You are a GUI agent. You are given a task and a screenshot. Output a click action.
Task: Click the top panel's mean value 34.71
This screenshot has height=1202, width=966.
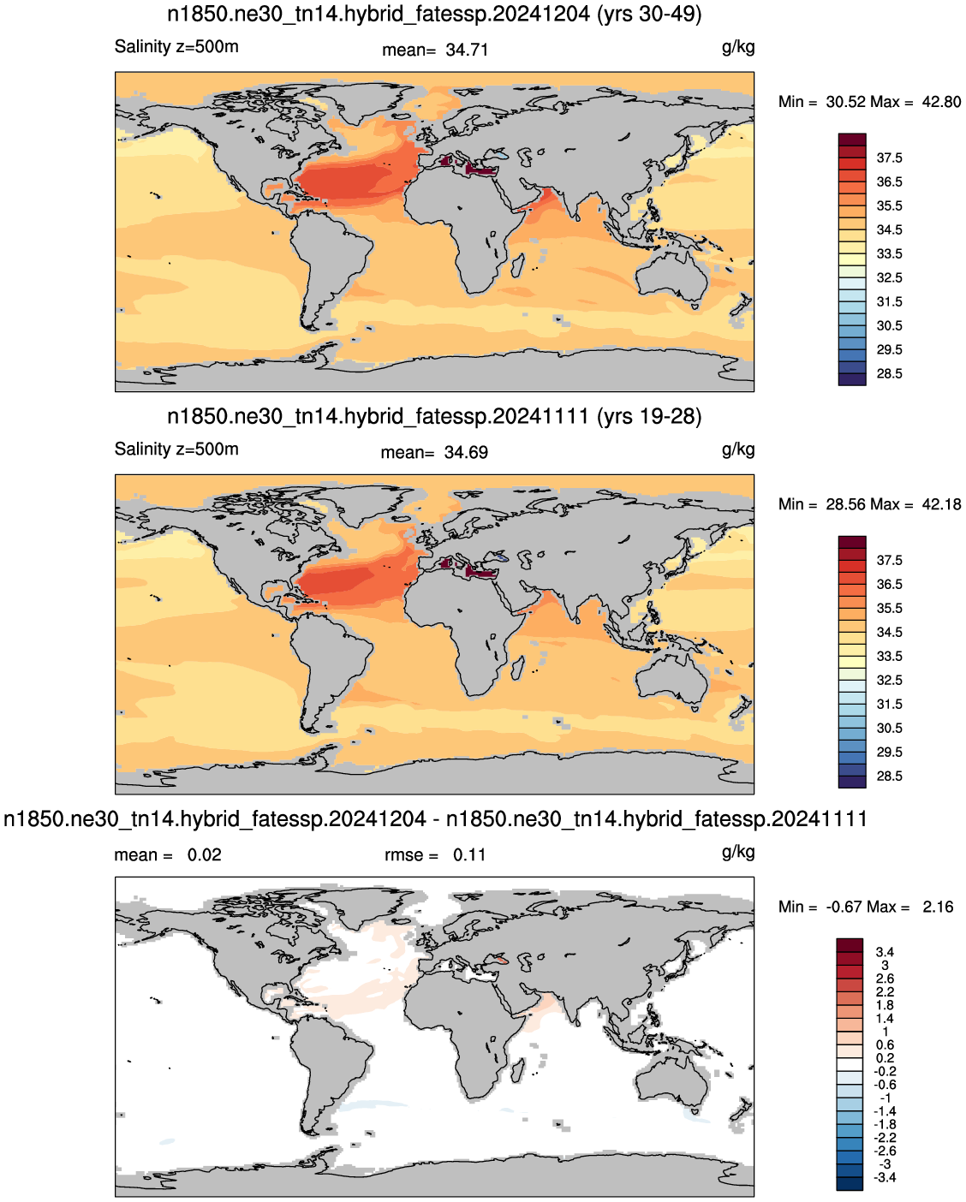tap(467, 51)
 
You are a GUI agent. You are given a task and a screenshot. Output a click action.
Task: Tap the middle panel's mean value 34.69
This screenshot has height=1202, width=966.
tap(465, 452)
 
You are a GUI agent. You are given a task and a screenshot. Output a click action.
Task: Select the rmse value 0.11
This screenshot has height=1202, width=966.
tap(468, 855)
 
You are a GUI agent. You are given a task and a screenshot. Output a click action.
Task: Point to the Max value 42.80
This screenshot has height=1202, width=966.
tap(941, 102)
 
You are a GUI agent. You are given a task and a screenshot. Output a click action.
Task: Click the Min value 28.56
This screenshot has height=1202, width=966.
tap(845, 504)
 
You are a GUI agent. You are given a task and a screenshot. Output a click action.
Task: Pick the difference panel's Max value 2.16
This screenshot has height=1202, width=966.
tap(937, 907)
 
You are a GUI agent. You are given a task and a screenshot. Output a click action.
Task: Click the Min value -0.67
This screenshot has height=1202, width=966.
tap(844, 907)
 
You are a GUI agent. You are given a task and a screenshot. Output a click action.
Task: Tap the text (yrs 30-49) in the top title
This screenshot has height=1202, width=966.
tap(649, 14)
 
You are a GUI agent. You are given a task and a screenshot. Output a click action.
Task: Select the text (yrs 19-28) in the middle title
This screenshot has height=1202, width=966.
tap(649, 416)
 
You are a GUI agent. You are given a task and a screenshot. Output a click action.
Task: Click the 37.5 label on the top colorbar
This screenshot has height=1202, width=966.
tap(889, 158)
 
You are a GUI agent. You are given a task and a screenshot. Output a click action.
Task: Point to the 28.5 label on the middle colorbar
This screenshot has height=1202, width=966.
tap(889, 776)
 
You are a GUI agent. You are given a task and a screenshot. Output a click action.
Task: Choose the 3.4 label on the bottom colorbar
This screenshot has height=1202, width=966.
tap(885, 952)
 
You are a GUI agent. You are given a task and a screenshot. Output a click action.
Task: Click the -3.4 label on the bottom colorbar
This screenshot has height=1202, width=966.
tap(885, 1177)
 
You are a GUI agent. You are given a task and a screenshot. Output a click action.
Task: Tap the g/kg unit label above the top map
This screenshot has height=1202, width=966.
tap(738, 47)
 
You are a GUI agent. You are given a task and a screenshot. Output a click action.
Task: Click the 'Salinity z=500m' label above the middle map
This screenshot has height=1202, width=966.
tap(176, 449)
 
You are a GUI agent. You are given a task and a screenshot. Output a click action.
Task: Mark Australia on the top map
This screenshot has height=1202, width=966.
tap(672, 278)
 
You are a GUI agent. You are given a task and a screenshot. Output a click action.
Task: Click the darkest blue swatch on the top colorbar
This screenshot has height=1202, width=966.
tap(851, 380)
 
